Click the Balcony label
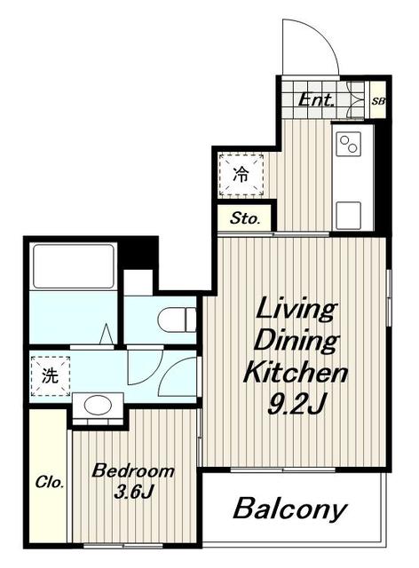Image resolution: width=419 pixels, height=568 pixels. (x=290, y=509)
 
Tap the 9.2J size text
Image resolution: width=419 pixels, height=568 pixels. (x=296, y=404)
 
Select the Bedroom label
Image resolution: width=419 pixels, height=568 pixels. (x=133, y=471)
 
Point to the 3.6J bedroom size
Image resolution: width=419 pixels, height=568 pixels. (x=132, y=492)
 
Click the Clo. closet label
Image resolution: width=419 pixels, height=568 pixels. (x=50, y=483)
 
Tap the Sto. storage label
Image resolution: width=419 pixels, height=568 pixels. (x=245, y=218)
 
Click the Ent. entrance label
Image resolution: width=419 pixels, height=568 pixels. (x=315, y=100)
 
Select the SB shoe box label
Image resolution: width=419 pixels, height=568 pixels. (x=378, y=101)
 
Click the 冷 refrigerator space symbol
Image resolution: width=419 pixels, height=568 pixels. (x=241, y=175)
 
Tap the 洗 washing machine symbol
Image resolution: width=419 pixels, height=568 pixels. (x=50, y=376)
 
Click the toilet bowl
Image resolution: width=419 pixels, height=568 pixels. (x=177, y=319)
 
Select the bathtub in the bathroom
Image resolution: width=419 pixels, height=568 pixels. (x=74, y=266)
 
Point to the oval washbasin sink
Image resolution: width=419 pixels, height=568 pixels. (x=98, y=405)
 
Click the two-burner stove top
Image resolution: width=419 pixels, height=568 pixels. (x=349, y=144)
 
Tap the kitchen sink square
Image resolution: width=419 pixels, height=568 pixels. (x=349, y=215)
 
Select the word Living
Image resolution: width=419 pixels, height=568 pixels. (x=295, y=309)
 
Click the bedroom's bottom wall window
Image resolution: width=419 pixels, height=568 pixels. (x=123, y=546)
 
